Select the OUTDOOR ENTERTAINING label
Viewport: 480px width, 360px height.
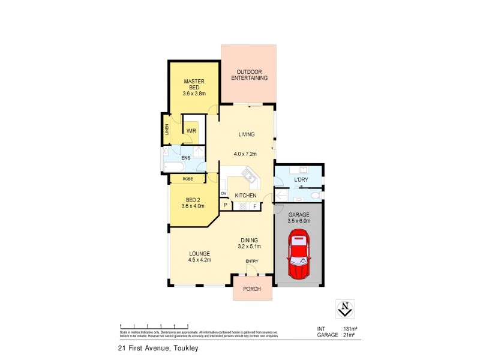(248, 74)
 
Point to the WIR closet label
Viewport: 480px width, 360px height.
(192, 130)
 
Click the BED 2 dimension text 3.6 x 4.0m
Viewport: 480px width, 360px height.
(193, 206)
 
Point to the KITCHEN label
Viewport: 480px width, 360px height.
(246, 196)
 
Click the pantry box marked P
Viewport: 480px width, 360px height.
(226, 206)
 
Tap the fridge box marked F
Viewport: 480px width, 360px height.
(254, 206)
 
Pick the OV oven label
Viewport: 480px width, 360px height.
(224, 194)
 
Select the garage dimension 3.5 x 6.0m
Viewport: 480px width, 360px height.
(298, 221)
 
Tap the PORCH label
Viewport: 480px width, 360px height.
(252, 289)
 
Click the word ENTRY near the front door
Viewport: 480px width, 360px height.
(252, 260)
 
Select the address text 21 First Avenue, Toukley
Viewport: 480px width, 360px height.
(158, 347)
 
